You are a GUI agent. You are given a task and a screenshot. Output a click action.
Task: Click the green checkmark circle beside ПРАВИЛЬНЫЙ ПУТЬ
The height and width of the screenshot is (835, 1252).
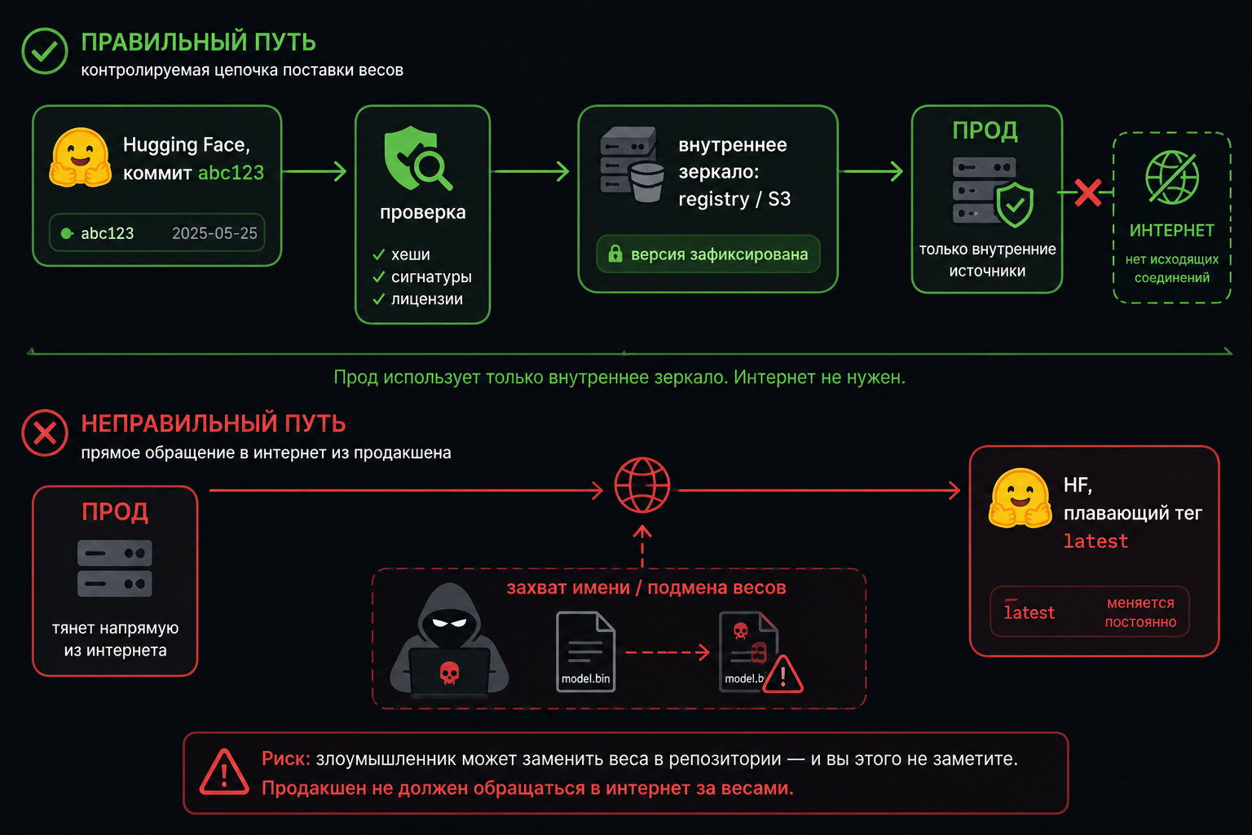(45, 51)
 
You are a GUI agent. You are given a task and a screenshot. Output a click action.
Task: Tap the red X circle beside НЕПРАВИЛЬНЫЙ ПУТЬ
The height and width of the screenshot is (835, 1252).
(45, 433)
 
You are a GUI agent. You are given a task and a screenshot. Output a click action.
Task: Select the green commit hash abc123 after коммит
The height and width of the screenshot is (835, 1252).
(231, 173)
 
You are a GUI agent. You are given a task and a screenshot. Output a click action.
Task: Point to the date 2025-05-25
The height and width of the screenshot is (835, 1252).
(214, 233)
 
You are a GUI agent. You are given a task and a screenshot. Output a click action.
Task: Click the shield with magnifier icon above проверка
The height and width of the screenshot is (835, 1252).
(418, 158)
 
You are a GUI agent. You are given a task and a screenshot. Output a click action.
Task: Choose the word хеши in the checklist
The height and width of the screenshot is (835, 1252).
(411, 254)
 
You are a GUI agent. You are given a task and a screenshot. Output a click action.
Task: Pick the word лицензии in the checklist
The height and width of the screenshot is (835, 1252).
(427, 299)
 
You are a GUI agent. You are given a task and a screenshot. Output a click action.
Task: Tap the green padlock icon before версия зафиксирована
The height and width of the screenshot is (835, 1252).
(615, 254)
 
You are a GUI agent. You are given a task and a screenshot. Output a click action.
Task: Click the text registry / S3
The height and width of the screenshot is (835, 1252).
(734, 199)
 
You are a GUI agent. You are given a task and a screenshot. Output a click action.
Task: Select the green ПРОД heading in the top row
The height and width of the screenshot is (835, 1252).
(985, 130)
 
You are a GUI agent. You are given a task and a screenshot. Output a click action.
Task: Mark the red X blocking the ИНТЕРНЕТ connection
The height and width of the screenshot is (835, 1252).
(1087, 193)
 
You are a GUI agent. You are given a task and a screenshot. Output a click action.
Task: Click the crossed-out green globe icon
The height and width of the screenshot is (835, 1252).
(1172, 177)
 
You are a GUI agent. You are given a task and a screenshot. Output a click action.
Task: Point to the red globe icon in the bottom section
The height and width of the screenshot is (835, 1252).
(642, 485)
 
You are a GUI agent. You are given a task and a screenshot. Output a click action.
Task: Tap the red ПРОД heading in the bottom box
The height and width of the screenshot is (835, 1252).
(115, 512)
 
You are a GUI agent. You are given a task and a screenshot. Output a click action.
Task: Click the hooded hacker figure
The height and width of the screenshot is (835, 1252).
(449, 640)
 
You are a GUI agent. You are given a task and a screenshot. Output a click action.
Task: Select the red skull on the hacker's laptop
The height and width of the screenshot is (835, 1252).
(449, 673)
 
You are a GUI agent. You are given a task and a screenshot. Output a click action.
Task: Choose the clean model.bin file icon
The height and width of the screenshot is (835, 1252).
(586, 652)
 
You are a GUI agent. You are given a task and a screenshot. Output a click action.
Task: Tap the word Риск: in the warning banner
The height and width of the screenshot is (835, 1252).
(285, 759)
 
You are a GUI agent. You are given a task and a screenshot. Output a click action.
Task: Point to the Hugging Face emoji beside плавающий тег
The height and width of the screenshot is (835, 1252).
(1020, 499)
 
